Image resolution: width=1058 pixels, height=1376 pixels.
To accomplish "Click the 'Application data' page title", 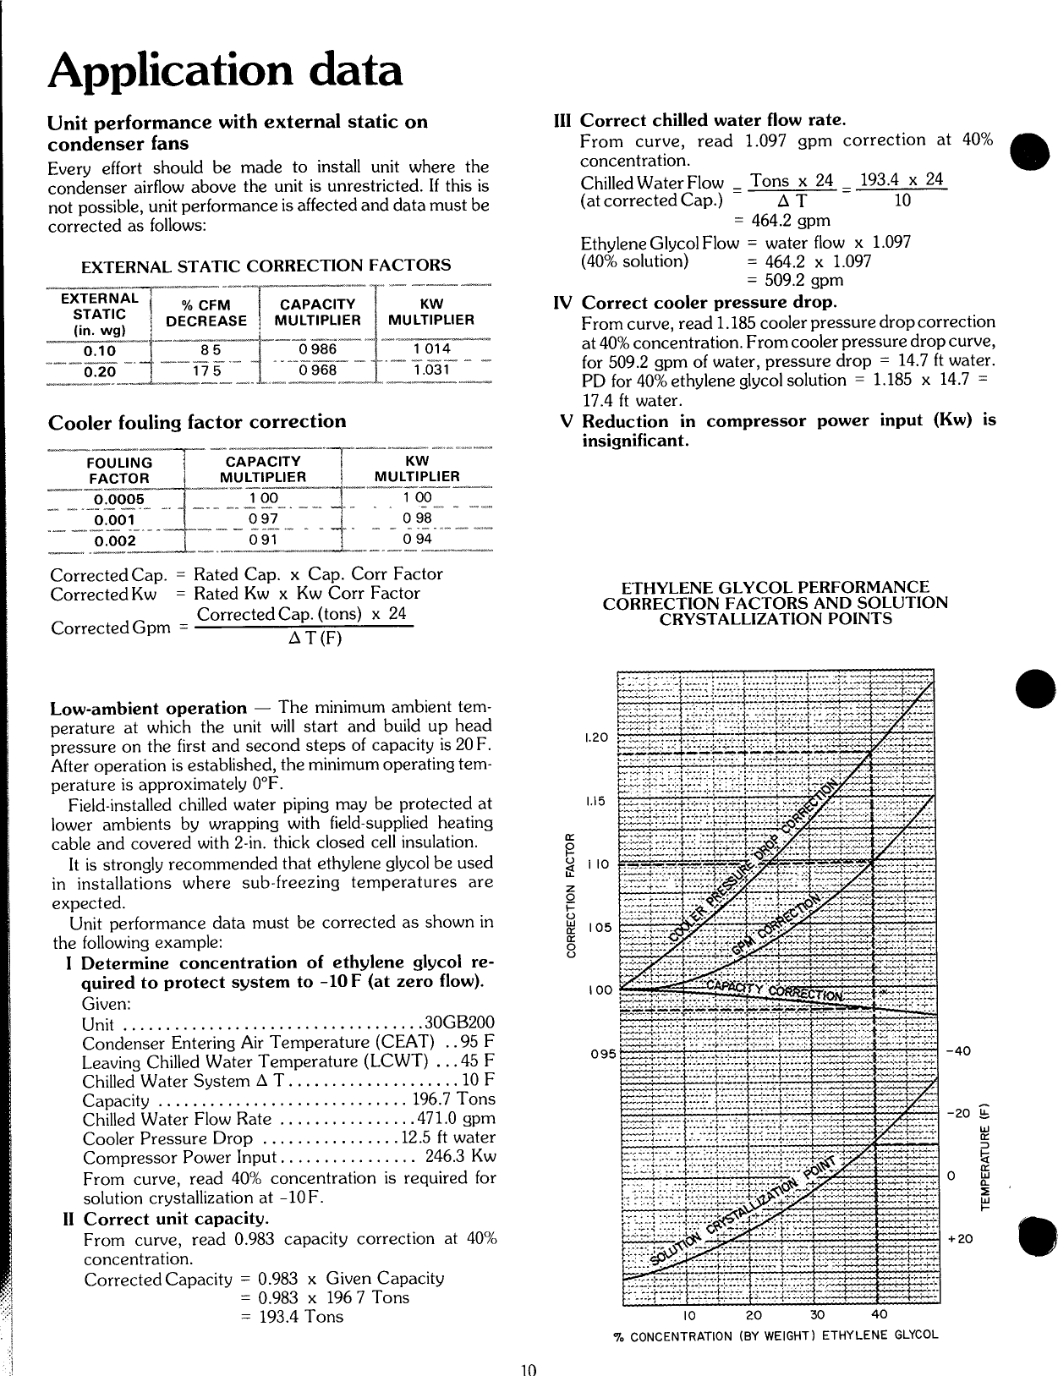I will tap(225, 70).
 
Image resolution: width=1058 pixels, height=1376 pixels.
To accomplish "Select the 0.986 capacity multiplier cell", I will tap(317, 348).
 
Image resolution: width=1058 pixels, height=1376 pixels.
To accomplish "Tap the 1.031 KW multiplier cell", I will tap(431, 370).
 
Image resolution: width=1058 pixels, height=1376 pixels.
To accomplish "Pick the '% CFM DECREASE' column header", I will tap(206, 313).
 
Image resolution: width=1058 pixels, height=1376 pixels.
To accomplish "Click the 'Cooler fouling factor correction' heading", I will tap(197, 421).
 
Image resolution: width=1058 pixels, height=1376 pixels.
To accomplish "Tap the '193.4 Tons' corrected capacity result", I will tap(292, 1316).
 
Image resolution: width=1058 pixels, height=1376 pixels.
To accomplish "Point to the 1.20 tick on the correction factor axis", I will tap(597, 737).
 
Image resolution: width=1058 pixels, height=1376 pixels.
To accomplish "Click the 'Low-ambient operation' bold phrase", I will tap(148, 708).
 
